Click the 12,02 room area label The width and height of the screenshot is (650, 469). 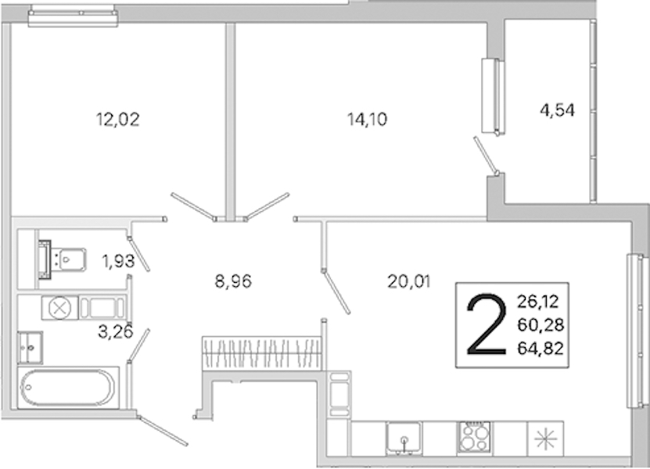118,120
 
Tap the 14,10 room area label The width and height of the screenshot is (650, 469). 368,120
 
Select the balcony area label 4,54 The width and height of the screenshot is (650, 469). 557,110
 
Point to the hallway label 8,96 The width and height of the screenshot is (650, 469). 233,281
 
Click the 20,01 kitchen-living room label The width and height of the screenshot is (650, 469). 409,281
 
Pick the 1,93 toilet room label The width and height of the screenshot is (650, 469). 118,261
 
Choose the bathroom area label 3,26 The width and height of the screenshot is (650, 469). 115,332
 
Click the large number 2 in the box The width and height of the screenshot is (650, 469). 487,324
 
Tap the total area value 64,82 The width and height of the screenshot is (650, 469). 540,349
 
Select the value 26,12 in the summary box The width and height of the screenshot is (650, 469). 538,302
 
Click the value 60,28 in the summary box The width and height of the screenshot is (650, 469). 540,325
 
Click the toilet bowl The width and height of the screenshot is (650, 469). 68,260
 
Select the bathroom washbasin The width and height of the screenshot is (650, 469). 30,347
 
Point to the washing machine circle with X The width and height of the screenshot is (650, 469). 59,308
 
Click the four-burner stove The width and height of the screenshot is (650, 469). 475,437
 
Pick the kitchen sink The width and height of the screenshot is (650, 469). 404,438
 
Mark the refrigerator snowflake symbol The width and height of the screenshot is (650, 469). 545,439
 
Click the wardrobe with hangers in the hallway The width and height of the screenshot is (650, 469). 261,353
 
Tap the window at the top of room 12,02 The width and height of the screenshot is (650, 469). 73,17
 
